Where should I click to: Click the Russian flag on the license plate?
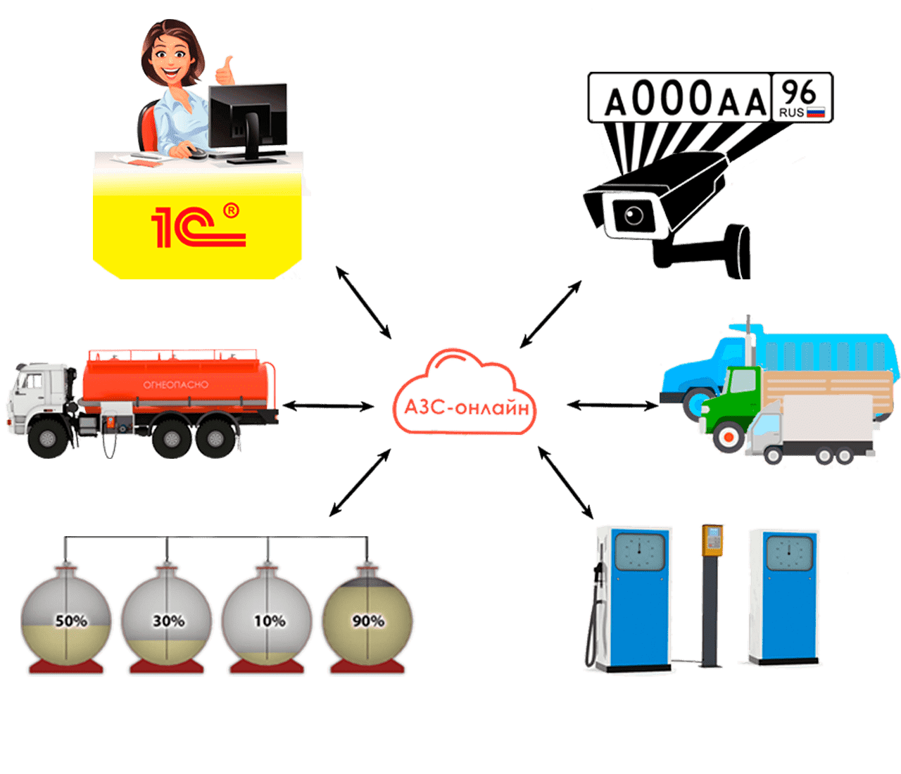pos(815,112)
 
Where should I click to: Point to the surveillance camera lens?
pos(634,214)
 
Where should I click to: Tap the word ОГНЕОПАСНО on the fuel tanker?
pos(176,385)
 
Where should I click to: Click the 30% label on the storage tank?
pos(169,621)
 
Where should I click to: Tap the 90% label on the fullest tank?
pos(368,621)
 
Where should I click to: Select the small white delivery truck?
pos(809,429)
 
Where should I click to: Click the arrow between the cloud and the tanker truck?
pos(328,406)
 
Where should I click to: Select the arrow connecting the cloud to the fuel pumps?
pos(565,483)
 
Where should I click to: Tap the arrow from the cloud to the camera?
pos(550,314)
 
